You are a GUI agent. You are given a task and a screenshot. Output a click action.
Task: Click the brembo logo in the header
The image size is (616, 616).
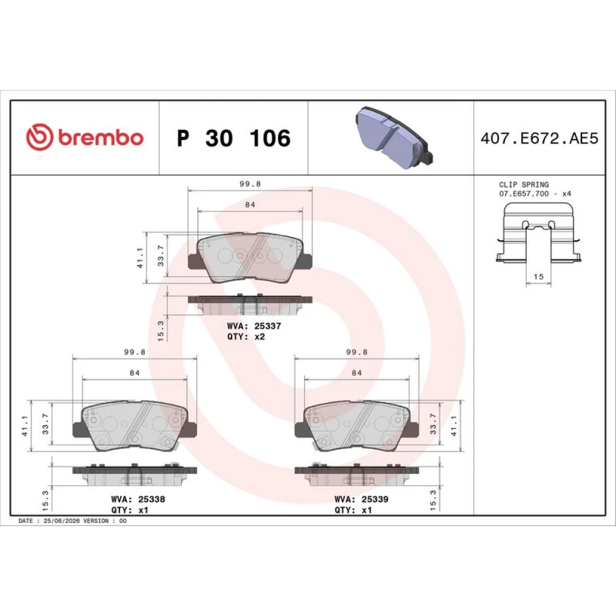[84, 137]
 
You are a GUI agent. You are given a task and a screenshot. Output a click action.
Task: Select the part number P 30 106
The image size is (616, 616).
[233, 138]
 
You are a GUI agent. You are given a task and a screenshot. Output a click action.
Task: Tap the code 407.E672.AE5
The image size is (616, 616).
[540, 138]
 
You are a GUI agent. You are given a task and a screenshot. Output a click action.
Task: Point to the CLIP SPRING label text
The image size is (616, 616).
[524, 184]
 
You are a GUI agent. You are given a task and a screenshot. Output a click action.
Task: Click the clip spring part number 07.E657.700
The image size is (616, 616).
[524, 193]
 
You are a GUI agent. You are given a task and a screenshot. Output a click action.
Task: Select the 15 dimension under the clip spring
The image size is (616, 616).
[538, 277]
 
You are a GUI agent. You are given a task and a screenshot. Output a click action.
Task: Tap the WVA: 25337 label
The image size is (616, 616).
[254, 326]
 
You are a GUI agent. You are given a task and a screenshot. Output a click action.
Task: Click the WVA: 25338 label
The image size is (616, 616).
[138, 500]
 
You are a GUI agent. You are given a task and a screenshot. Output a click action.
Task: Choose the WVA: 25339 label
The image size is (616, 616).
[362, 500]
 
